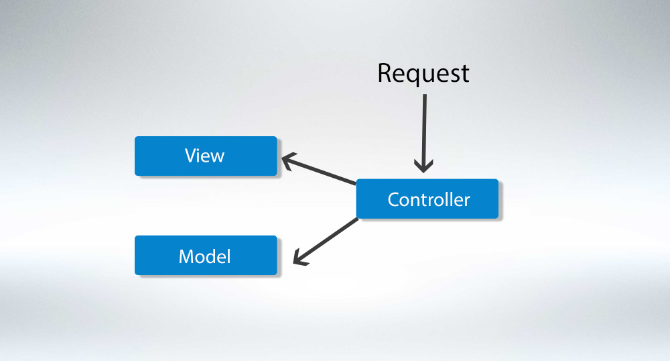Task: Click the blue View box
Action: (x=206, y=156)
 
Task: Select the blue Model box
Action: (x=206, y=255)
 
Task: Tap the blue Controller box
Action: (x=427, y=199)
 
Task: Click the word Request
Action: (x=423, y=73)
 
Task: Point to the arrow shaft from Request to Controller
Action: (x=424, y=127)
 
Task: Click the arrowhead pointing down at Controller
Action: (x=424, y=165)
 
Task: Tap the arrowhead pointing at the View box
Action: (x=287, y=160)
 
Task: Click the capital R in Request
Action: (x=385, y=72)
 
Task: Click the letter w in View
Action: (x=216, y=157)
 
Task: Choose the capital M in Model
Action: (x=186, y=256)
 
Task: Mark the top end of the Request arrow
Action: (x=424, y=95)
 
